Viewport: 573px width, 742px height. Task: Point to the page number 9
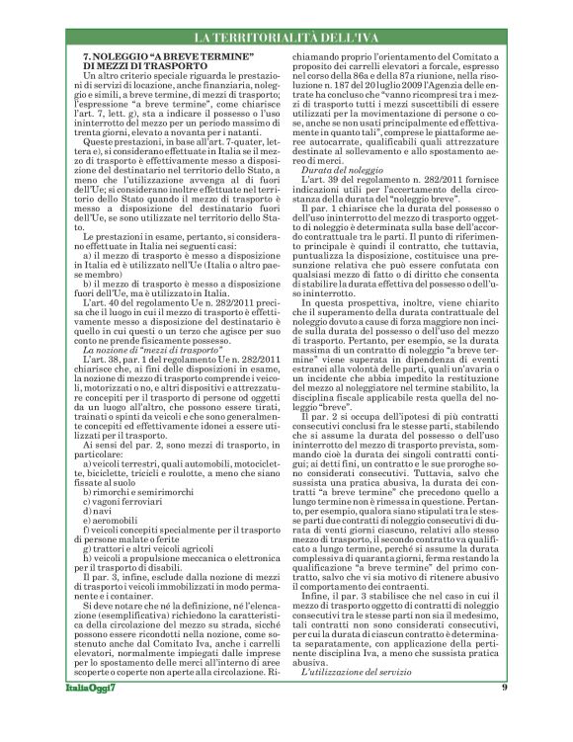tap(504, 715)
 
